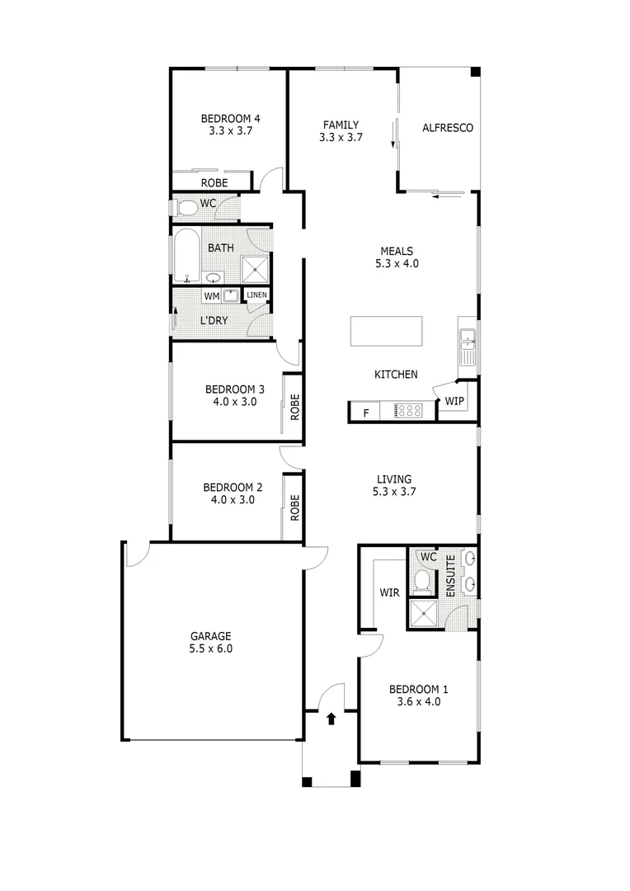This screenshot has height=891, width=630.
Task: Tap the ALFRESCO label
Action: coord(447,128)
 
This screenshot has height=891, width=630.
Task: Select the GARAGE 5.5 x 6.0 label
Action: coord(211,636)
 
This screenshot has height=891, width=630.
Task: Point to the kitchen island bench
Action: coord(385,331)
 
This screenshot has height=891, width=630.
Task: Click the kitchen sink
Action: coord(468,338)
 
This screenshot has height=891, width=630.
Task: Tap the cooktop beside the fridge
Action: coord(408,410)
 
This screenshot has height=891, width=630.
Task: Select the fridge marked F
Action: coord(365,411)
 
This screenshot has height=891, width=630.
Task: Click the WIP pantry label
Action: coord(454,402)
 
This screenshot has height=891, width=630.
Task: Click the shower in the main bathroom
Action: coord(255,268)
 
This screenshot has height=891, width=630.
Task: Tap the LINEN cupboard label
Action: coord(256,295)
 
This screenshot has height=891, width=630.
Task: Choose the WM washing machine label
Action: coord(211,296)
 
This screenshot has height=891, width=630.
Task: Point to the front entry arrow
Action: coord(331,719)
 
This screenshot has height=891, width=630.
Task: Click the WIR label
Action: coord(389,592)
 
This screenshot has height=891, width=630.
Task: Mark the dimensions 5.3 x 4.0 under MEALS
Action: coord(396,264)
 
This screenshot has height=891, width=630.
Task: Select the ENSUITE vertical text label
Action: coord(450,577)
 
